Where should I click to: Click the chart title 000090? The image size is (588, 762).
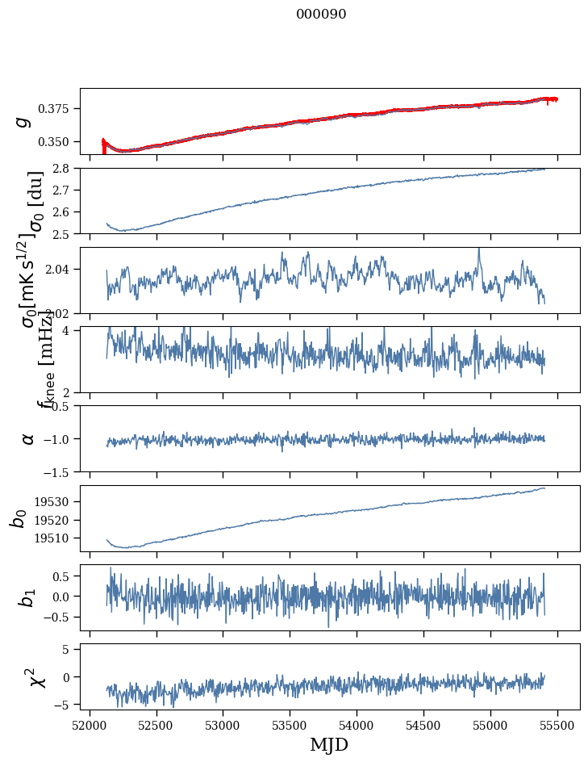point(321,15)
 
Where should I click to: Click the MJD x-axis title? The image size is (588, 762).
point(329,744)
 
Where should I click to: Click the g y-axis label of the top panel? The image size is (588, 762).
point(23,121)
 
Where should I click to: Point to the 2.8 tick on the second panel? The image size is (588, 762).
point(65,169)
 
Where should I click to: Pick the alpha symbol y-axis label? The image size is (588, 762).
point(29,438)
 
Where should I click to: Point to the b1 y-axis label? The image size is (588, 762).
point(29,597)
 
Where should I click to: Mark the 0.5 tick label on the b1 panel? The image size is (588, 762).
point(63,576)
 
